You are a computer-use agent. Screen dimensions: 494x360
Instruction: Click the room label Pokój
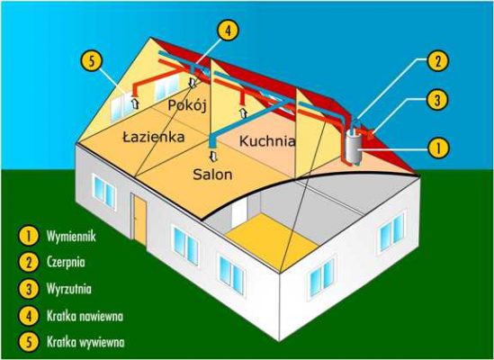click(x=187, y=106)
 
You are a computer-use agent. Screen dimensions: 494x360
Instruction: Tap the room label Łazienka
click(x=153, y=137)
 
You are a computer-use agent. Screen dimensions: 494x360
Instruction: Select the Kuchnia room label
click(x=267, y=141)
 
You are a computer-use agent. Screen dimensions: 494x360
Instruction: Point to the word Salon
click(x=212, y=175)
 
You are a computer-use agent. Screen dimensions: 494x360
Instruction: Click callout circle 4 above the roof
click(x=228, y=31)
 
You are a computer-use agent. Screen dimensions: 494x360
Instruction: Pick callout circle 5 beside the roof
click(x=92, y=61)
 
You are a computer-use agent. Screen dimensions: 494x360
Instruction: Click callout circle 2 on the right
click(x=437, y=60)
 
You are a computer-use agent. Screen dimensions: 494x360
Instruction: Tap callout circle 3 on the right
click(x=437, y=100)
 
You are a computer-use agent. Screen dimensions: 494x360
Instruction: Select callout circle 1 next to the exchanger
click(x=437, y=148)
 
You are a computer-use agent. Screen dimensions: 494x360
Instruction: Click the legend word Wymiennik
click(x=71, y=236)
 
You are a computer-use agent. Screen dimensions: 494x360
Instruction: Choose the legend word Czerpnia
click(x=66, y=262)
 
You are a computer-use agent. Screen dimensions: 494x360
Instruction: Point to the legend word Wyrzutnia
click(x=69, y=289)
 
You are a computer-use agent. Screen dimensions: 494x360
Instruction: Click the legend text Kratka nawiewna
click(x=85, y=316)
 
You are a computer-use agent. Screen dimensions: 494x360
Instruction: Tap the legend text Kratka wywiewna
click(x=85, y=342)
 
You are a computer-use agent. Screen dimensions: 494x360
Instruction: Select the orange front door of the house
click(x=139, y=219)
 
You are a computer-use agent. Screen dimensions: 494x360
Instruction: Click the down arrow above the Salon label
click(x=214, y=156)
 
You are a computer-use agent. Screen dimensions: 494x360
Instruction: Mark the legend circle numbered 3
click(x=29, y=289)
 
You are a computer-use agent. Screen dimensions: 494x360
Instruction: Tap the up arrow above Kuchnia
click(x=243, y=112)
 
